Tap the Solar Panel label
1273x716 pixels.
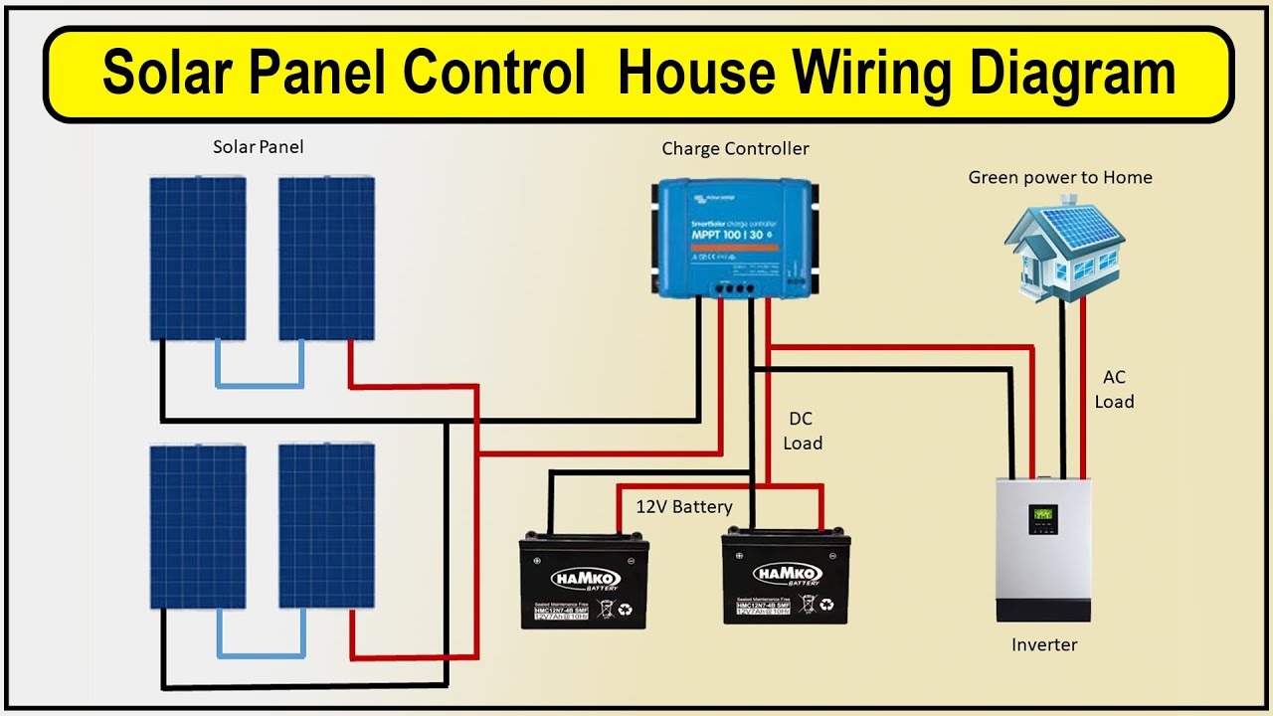point(258,147)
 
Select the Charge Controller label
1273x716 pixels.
point(735,149)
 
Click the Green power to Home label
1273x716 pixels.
point(1060,178)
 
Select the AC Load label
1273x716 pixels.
point(1114,390)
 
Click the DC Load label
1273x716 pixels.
point(802,432)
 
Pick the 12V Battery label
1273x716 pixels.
point(684,507)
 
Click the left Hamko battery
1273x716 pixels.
point(584,581)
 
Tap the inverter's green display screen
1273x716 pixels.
point(1042,516)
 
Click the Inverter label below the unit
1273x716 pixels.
point(1044,645)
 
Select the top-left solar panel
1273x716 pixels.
point(198,259)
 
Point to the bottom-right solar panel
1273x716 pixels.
point(326,526)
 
